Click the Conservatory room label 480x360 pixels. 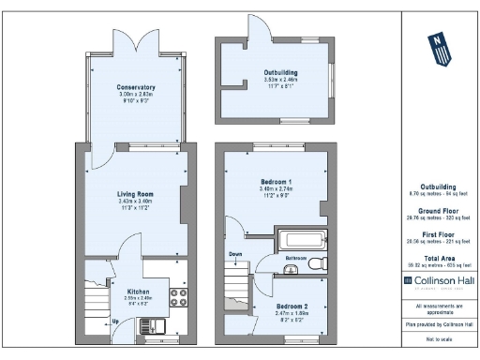(x=137, y=87)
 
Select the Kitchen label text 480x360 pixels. (x=138, y=292)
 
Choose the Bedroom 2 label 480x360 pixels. (x=292, y=307)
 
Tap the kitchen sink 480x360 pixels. (x=150, y=326)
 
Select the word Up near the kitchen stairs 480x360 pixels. (x=115, y=322)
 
